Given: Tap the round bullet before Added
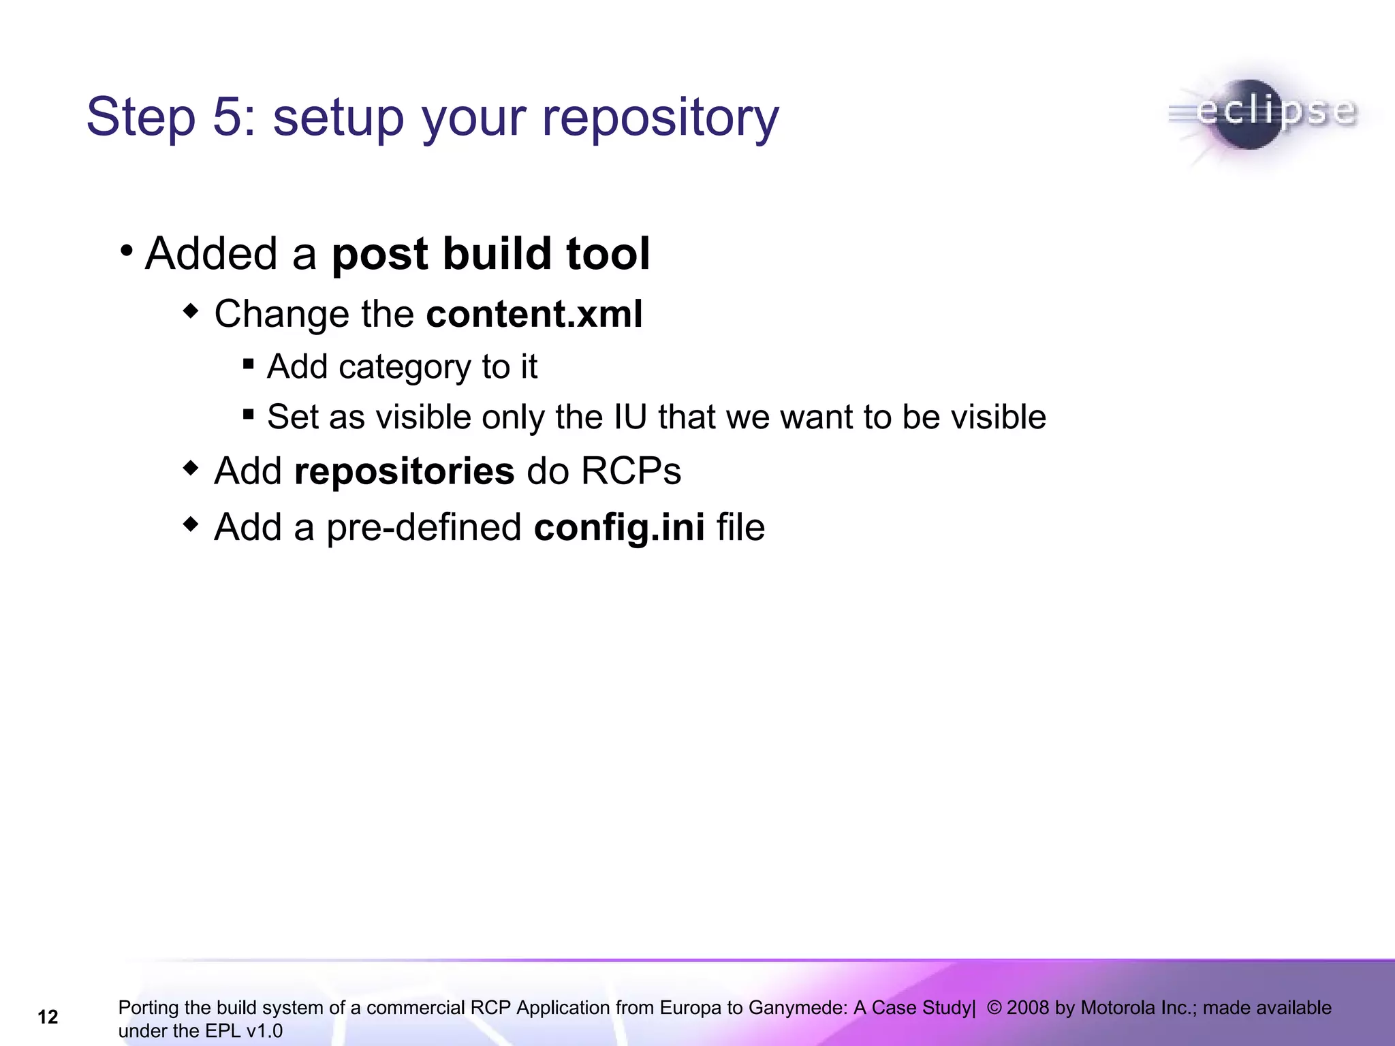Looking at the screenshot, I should click(126, 251).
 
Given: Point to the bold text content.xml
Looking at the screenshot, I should click(534, 314).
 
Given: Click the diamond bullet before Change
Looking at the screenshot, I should click(191, 312).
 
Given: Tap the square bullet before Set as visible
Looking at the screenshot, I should click(249, 414).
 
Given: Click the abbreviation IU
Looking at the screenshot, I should click(629, 417).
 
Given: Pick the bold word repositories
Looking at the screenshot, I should click(404, 471).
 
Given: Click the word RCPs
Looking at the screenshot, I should click(631, 471).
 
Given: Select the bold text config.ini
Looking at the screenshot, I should click(619, 528).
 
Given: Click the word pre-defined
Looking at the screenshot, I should click(424, 528).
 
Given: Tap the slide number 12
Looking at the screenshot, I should click(48, 1017).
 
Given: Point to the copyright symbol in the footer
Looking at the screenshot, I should click(994, 1008).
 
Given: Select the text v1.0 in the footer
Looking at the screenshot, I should click(264, 1031).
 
